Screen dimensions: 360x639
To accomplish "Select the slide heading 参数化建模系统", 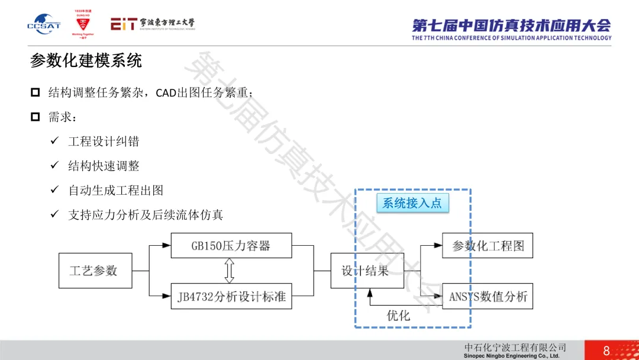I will pos(86,61).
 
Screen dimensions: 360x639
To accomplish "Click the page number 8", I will pos(606,351).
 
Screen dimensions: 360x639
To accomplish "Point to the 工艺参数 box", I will pos(95,271).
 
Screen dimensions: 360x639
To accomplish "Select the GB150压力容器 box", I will pos(231,246).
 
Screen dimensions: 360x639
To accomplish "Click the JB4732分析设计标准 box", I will pos(231,296).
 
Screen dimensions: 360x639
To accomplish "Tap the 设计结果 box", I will pos(367,271).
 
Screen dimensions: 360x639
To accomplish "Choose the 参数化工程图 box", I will pos(488,246).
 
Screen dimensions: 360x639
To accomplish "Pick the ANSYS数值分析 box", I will pos(488,296).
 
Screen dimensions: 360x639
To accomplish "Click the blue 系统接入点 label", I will pos(412,203).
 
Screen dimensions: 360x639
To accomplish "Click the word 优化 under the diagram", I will pos(398,315).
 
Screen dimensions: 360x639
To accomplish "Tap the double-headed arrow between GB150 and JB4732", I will pos(230,271).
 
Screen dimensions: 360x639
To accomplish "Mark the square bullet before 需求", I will pos(35,117).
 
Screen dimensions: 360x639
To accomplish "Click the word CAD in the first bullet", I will pos(166,94).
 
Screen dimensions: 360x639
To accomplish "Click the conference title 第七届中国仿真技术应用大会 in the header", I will pos(511,25).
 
